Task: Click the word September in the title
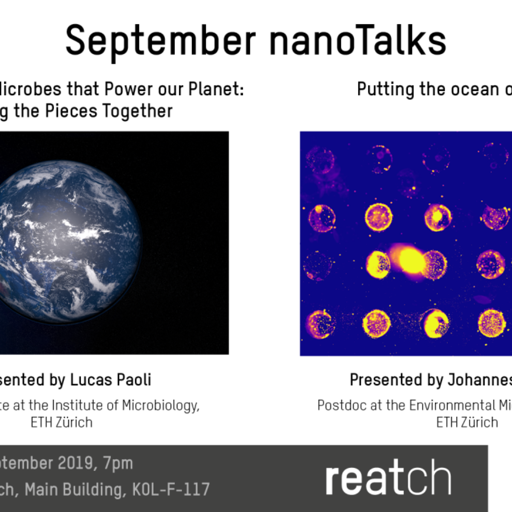(x=160, y=41)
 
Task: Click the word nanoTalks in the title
(x=358, y=41)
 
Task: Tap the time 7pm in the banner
(x=118, y=463)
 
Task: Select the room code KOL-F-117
(x=171, y=489)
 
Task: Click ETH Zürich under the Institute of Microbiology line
(x=61, y=422)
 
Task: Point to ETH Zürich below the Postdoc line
(x=467, y=422)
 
